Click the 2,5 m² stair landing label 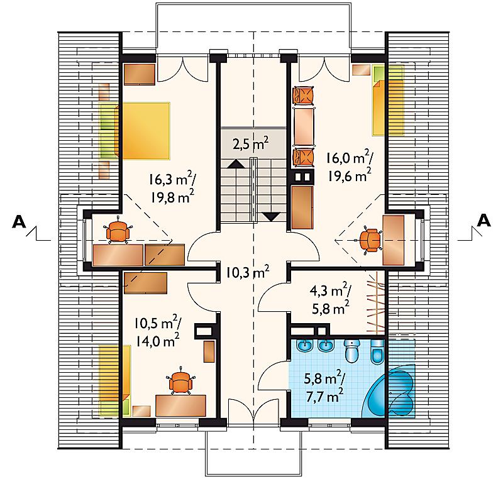(x=250, y=144)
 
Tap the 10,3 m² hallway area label (x=247, y=273)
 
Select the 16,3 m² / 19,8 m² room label (x=172, y=187)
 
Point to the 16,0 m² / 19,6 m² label (x=350, y=166)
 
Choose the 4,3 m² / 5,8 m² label (x=331, y=299)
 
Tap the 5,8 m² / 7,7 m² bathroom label (x=324, y=387)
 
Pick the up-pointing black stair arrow (x=236, y=164)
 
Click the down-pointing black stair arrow (x=272, y=217)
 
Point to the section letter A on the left (x=19, y=221)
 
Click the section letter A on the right (x=484, y=220)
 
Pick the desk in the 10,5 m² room (x=180, y=405)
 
